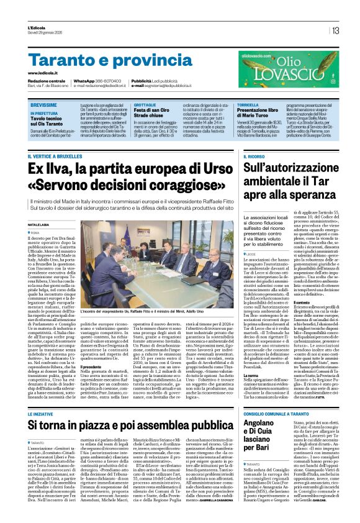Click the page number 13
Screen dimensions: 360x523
(335, 30)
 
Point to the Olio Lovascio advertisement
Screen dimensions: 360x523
(306, 69)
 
